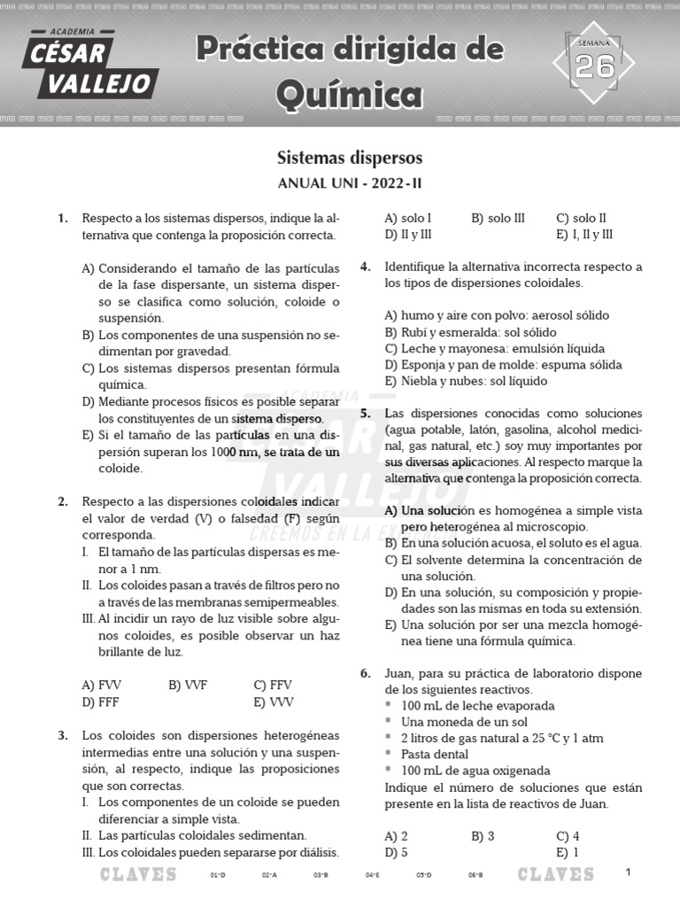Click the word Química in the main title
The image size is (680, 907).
[x=349, y=94]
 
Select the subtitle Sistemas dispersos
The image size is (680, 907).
[x=349, y=159]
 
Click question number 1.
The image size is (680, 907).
[x=63, y=218]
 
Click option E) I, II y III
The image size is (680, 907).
[x=585, y=235]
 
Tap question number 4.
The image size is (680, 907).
[x=365, y=267]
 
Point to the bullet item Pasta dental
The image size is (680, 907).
[x=438, y=754]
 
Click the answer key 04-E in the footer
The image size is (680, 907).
[x=373, y=875]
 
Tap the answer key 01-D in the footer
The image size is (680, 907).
[x=218, y=875]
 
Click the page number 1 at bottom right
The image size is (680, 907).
[x=628, y=872]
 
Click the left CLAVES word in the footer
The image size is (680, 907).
[x=138, y=875]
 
